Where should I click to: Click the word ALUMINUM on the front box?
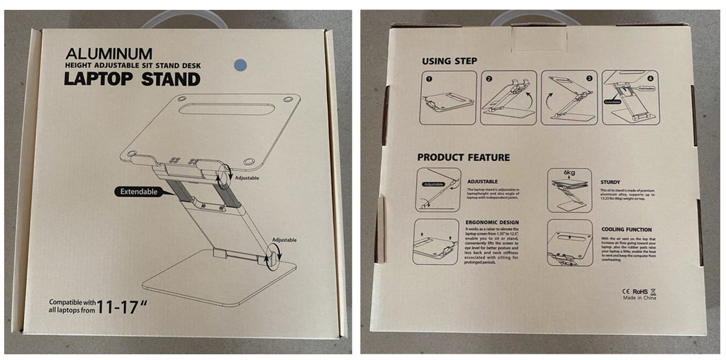tap(108, 53)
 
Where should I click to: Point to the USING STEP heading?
tap(449, 61)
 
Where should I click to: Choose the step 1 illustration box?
tap(447, 98)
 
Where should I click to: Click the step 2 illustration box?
tap(508, 98)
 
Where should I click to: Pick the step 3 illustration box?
tap(569, 98)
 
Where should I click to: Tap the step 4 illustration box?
tap(630, 98)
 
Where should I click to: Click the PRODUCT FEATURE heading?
tap(463, 157)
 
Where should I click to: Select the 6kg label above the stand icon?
tap(569, 172)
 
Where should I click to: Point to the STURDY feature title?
tap(610, 181)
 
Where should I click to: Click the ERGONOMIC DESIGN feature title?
tap(491, 223)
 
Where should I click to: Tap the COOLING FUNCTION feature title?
tap(627, 230)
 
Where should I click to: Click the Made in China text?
tap(640, 298)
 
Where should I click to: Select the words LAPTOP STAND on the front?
tap(132, 79)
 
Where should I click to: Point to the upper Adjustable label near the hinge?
tap(247, 178)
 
